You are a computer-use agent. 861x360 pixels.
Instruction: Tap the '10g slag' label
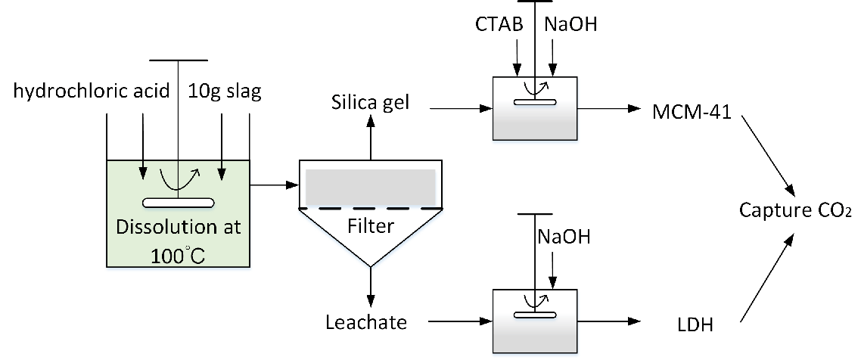click(x=225, y=92)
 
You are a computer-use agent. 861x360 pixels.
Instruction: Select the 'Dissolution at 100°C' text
click(x=179, y=238)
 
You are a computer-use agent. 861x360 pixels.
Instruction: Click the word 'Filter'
click(x=371, y=226)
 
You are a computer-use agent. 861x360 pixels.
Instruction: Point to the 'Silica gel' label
click(x=371, y=101)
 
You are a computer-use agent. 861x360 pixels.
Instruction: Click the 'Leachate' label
click(x=366, y=322)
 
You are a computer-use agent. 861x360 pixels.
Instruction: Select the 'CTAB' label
click(x=499, y=24)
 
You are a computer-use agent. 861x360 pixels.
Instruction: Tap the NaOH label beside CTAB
click(x=570, y=24)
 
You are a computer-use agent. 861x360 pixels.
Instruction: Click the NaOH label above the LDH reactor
click(x=564, y=237)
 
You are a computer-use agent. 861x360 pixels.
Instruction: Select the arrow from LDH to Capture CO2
click(x=766, y=277)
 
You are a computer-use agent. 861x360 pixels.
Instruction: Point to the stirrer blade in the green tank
click(x=179, y=202)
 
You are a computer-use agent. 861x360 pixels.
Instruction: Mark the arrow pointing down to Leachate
click(x=371, y=285)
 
